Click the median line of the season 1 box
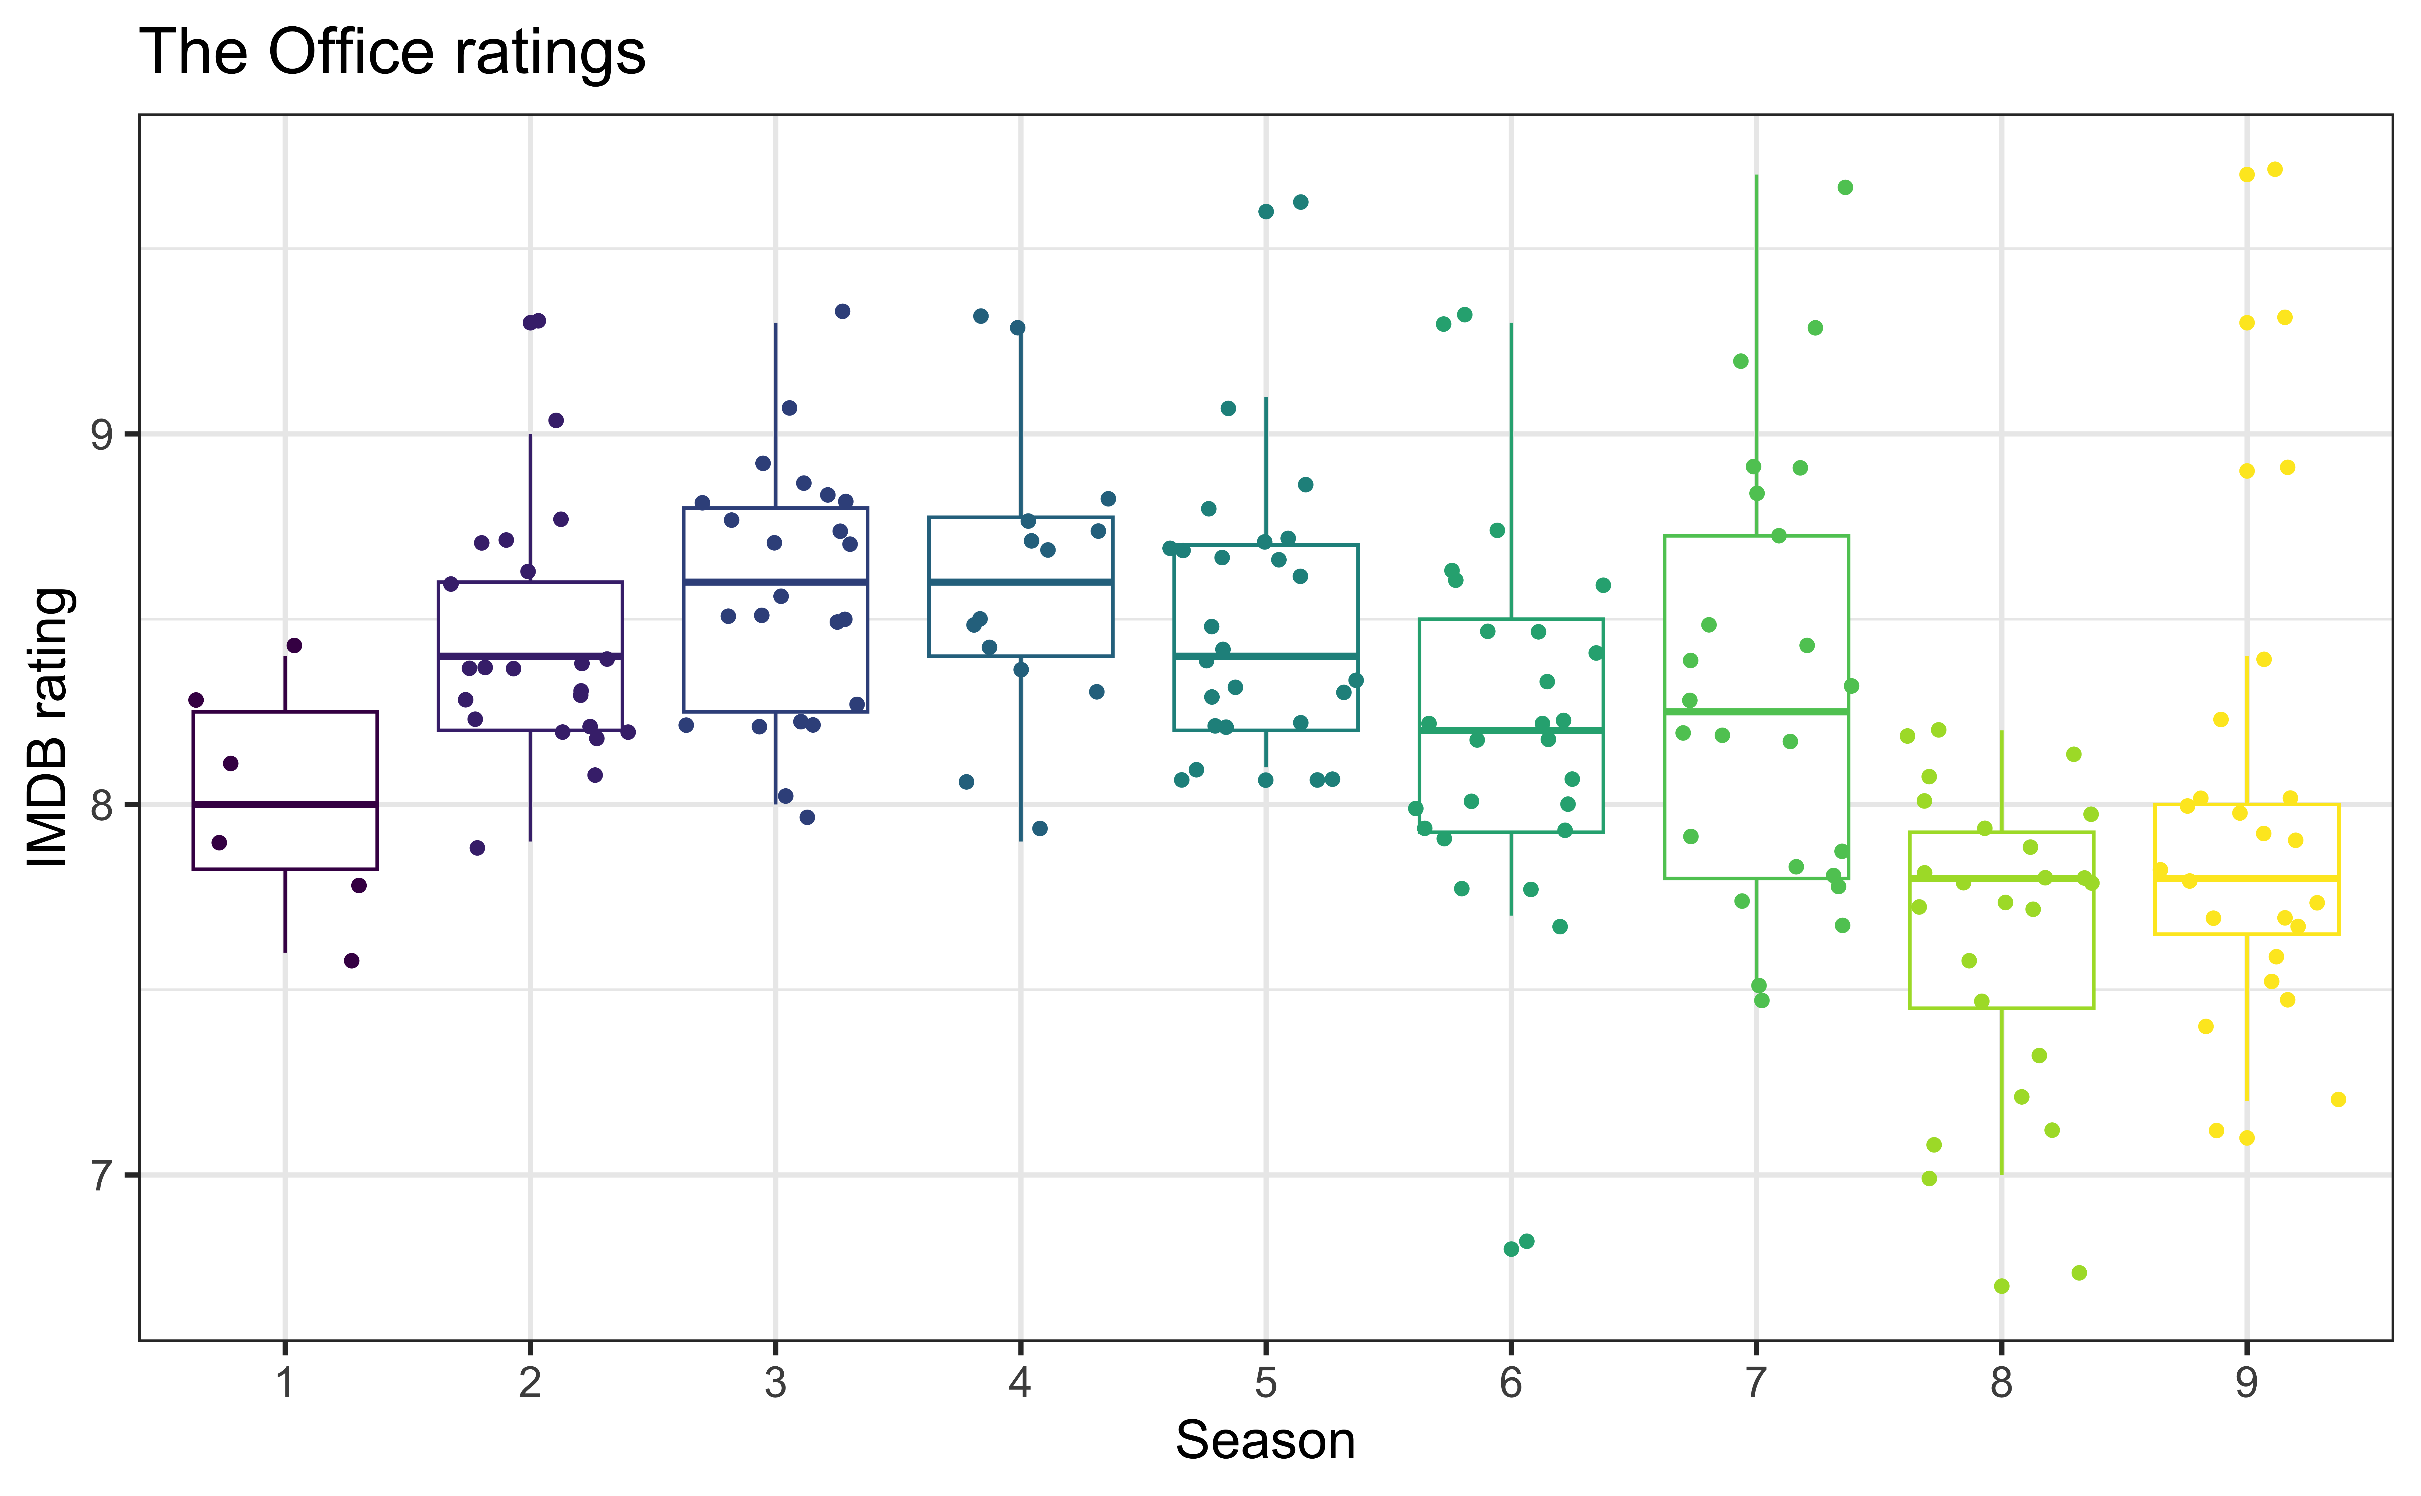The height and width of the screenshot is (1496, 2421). [285, 804]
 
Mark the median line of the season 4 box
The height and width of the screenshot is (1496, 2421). [1020, 582]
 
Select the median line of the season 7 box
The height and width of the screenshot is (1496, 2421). [1756, 711]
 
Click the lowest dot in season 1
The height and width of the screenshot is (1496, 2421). [351, 961]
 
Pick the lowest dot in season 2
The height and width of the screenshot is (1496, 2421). [477, 848]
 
